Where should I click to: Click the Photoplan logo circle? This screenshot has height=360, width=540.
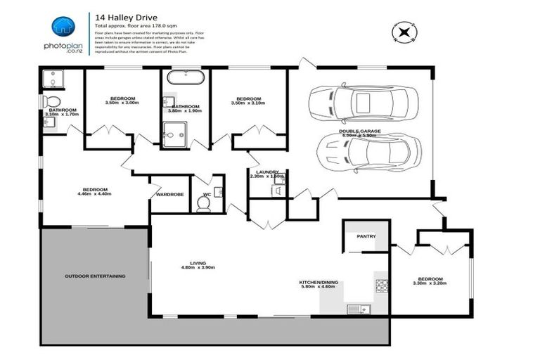pos(63,27)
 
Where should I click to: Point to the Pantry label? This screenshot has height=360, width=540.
pos(366,237)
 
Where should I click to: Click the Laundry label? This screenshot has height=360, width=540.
pos(268,172)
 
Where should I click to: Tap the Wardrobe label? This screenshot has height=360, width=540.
pos(169,194)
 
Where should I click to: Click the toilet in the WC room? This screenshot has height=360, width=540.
pos(204,203)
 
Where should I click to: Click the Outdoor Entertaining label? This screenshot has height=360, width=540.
pos(95,276)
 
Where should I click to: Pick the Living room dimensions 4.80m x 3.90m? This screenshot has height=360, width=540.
pos(198,268)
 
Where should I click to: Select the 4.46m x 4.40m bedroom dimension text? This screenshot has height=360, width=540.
pos(95,195)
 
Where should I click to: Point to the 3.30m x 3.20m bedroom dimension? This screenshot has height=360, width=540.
pos(429,283)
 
